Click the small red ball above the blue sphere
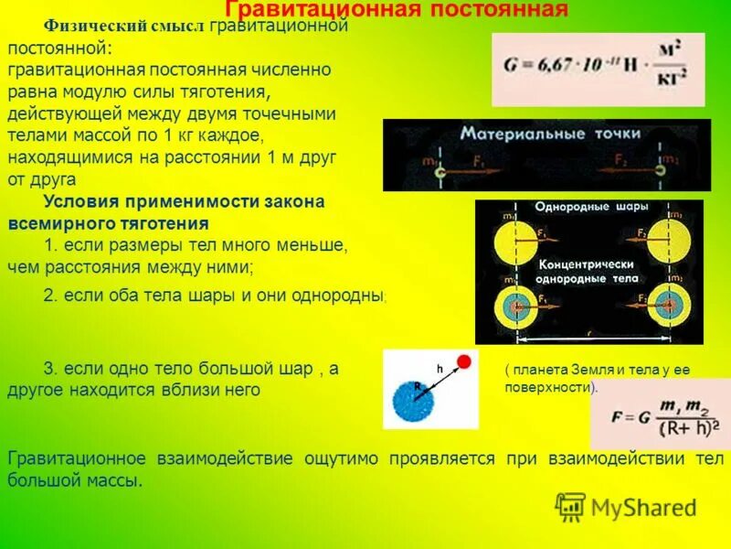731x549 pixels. pyautogui.click(x=464, y=361)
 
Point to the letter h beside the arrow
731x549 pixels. pyautogui.click(x=440, y=368)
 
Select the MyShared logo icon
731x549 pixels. pyautogui.click(x=570, y=506)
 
